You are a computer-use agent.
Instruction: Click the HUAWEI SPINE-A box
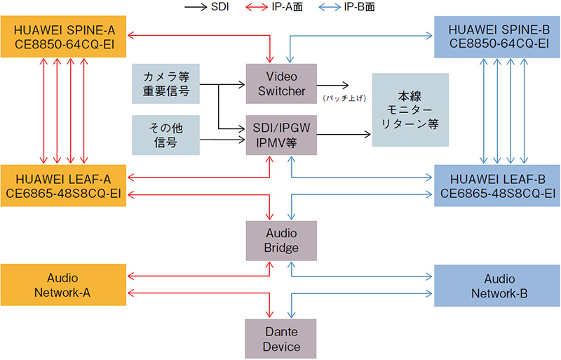pyautogui.click(x=63, y=38)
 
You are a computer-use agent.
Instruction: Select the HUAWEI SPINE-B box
pyautogui.click(x=496, y=38)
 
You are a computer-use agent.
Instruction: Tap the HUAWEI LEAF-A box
pyautogui.click(x=63, y=185)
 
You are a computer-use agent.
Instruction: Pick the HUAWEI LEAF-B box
pyautogui.click(x=496, y=185)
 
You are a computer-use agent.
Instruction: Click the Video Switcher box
pyautogui.click(x=280, y=84)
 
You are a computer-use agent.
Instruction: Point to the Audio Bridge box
pyautogui.click(x=280, y=240)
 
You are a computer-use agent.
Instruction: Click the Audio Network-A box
pyautogui.click(x=63, y=285)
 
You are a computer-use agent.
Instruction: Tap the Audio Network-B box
pyautogui.click(x=496, y=285)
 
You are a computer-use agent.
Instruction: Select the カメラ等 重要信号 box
pyautogui.click(x=165, y=84)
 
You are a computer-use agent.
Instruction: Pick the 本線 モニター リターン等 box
pyautogui.click(x=409, y=109)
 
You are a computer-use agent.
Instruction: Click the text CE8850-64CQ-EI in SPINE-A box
pyautogui.click(x=63, y=46)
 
